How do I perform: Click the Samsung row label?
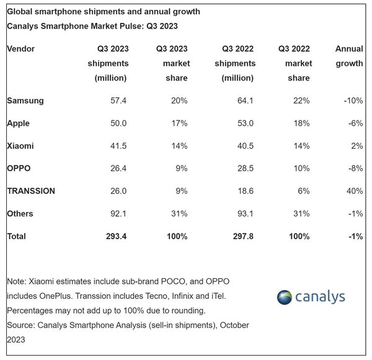[25, 100]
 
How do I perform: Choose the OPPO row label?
[19, 169]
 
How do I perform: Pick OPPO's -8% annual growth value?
[355, 169]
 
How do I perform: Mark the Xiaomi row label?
[20, 146]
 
